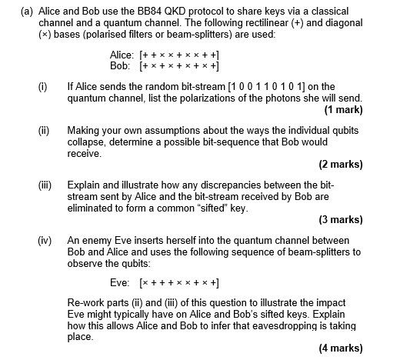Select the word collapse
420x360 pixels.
pos(86,142)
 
